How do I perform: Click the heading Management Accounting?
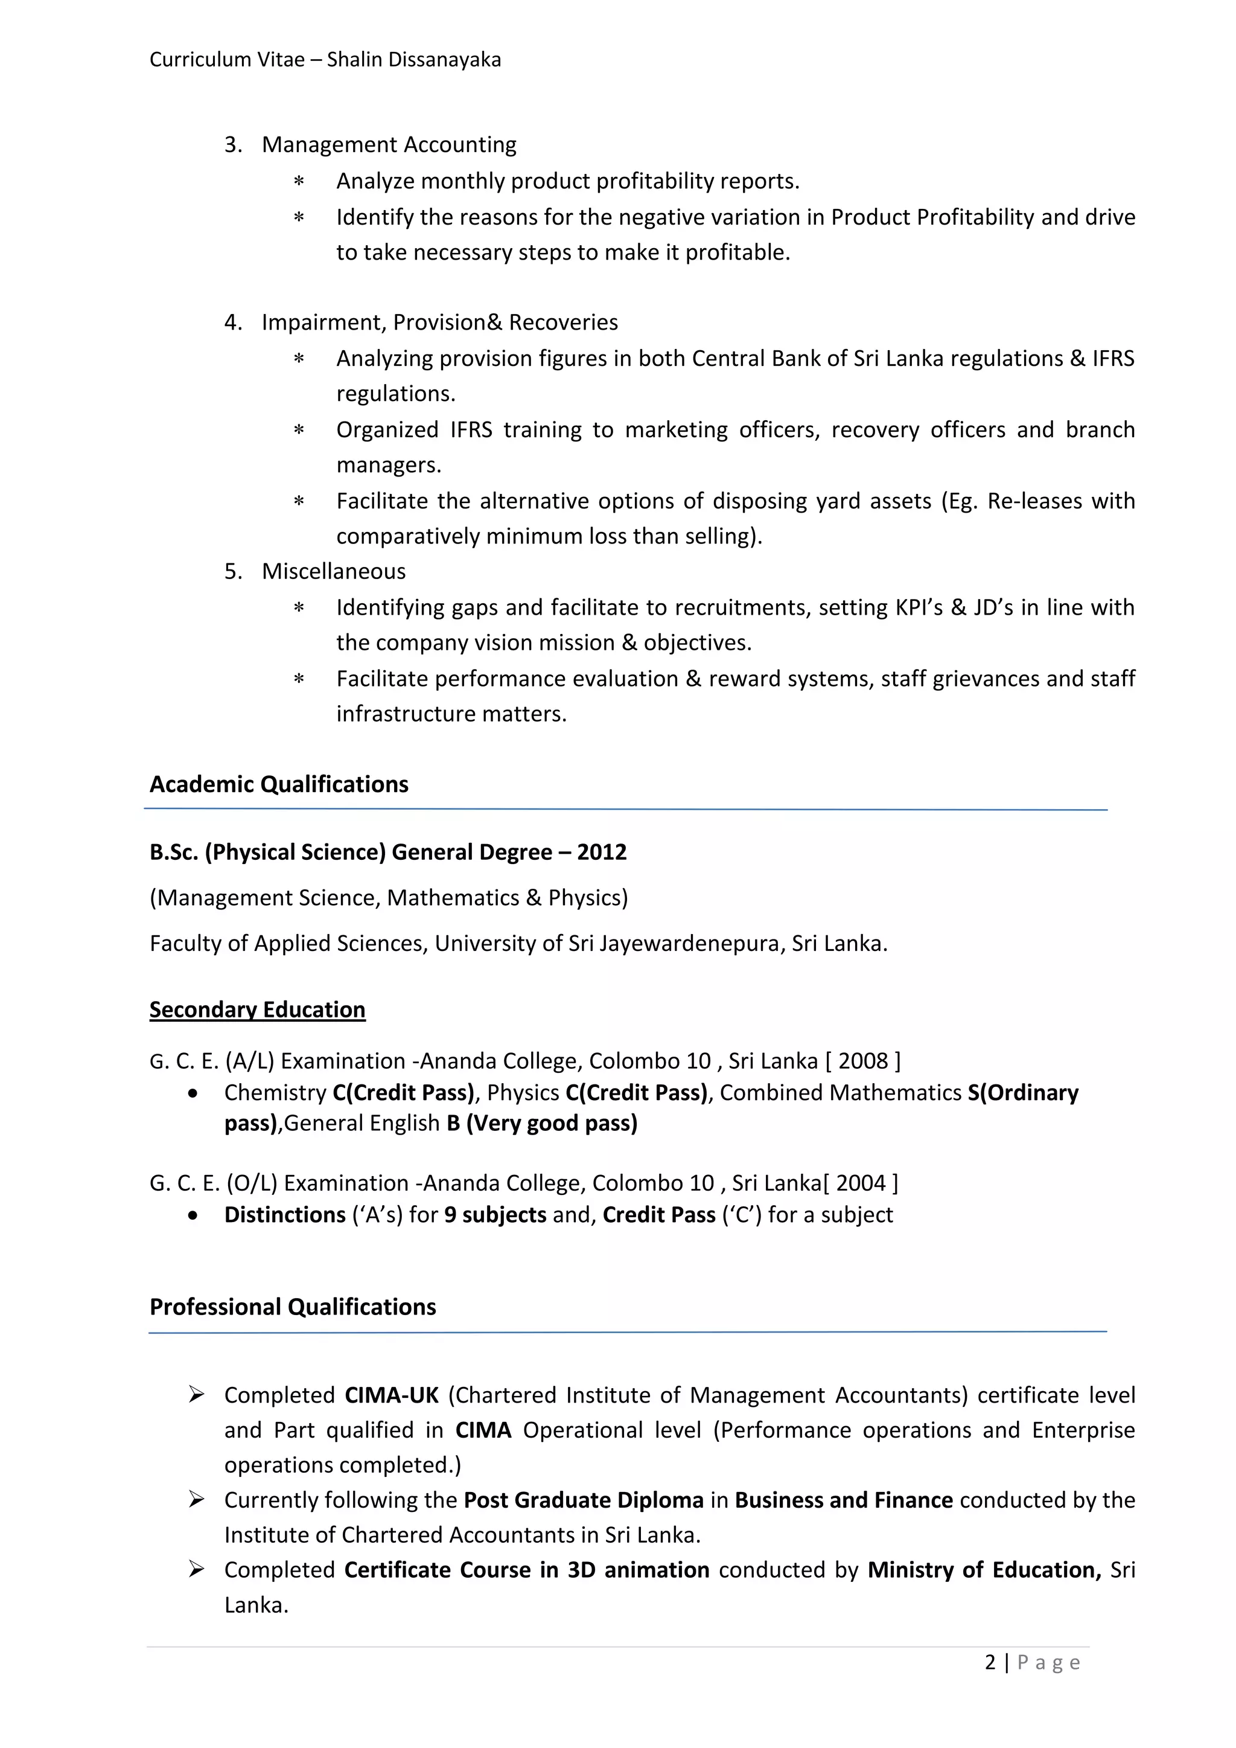pyautogui.click(x=389, y=145)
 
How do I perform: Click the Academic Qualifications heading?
pyautogui.click(x=279, y=784)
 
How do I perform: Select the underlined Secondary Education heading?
pyautogui.click(x=257, y=1010)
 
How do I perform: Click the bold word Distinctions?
pyautogui.click(x=285, y=1214)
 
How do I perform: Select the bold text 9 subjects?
pyautogui.click(x=495, y=1214)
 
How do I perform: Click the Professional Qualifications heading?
pyautogui.click(x=292, y=1307)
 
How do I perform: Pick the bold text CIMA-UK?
pyautogui.click(x=391, y=1395)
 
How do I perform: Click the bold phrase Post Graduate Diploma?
pyautogui.click(x=583, y=1500)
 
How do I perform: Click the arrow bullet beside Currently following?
pyautogui.click(x=196, y=1500)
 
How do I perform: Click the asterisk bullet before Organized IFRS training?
pyautogui.click(x=299, y=430)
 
